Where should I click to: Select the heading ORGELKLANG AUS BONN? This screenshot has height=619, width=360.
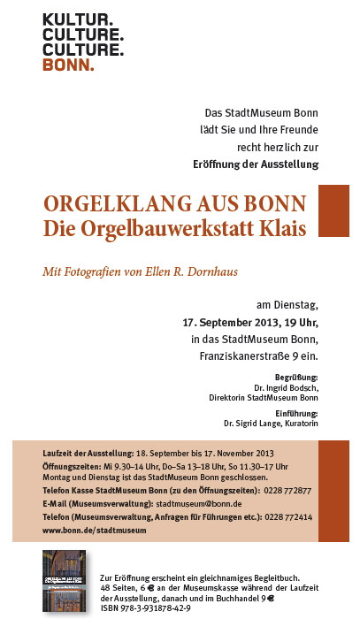(x=175, y=203)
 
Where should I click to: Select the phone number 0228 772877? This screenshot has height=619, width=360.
(x=287, y=490)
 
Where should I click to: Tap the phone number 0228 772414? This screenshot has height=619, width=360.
(x=288, y=516)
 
